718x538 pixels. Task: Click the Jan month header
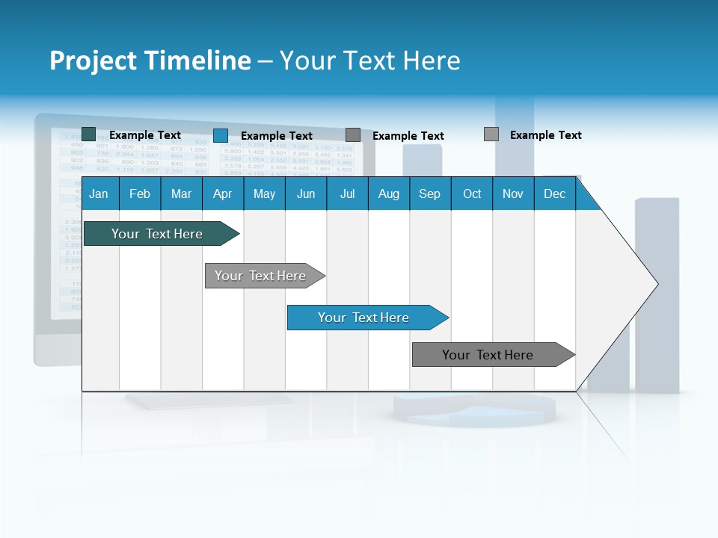(x=99, y=194)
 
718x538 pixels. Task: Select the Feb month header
(x=140, y=194)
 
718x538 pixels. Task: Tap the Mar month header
(x=181, y=194)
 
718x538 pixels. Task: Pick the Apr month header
(x=222, y=194)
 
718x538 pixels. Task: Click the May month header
(x=264, y=194)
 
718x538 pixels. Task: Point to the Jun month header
(x=306, y=194)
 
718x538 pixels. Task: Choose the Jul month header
(x=347, y=194)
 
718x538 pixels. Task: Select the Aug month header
(x=388, y=194)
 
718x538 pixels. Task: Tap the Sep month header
(x=429, y=194)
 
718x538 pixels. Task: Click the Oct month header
(x=472, y=194)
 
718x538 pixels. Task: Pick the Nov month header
(x=513, y=194)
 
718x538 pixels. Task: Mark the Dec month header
(x=554, y=194)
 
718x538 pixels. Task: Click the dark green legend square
(x=89, y=134)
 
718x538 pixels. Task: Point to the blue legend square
(x=221, y=135)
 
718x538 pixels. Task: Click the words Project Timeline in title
(x=150, y=61)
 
